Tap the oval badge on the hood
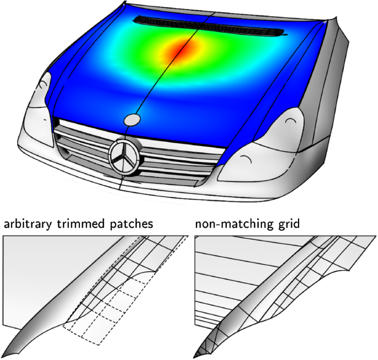pyautogui.click(x=133, y=120)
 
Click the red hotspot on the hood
pyautogui.click(x=180, y=51)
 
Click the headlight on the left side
pyautogui.click(x=38, y=102)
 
